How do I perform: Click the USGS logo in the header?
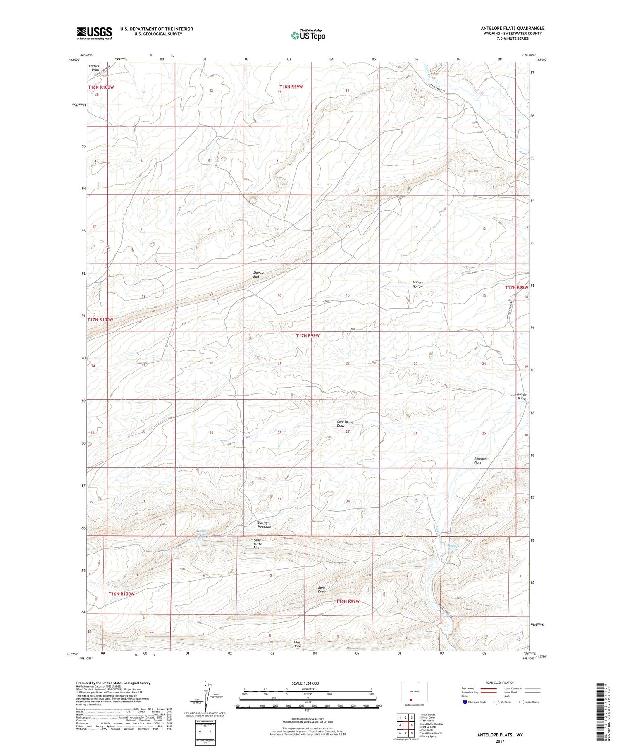point(94,33)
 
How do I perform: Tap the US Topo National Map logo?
point(308,35)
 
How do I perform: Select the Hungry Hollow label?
point(417,284)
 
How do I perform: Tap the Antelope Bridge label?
point(520,396)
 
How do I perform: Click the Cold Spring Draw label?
point(345,424)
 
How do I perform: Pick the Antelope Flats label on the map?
point(480,460)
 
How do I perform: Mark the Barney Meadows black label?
point(264,525)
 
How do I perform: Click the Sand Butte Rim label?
point(257,544)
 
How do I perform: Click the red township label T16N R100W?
point(122,594)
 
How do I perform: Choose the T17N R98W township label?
point(516,287)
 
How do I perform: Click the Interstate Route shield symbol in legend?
point(465,702)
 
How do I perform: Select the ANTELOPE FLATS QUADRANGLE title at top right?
point(513,29)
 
